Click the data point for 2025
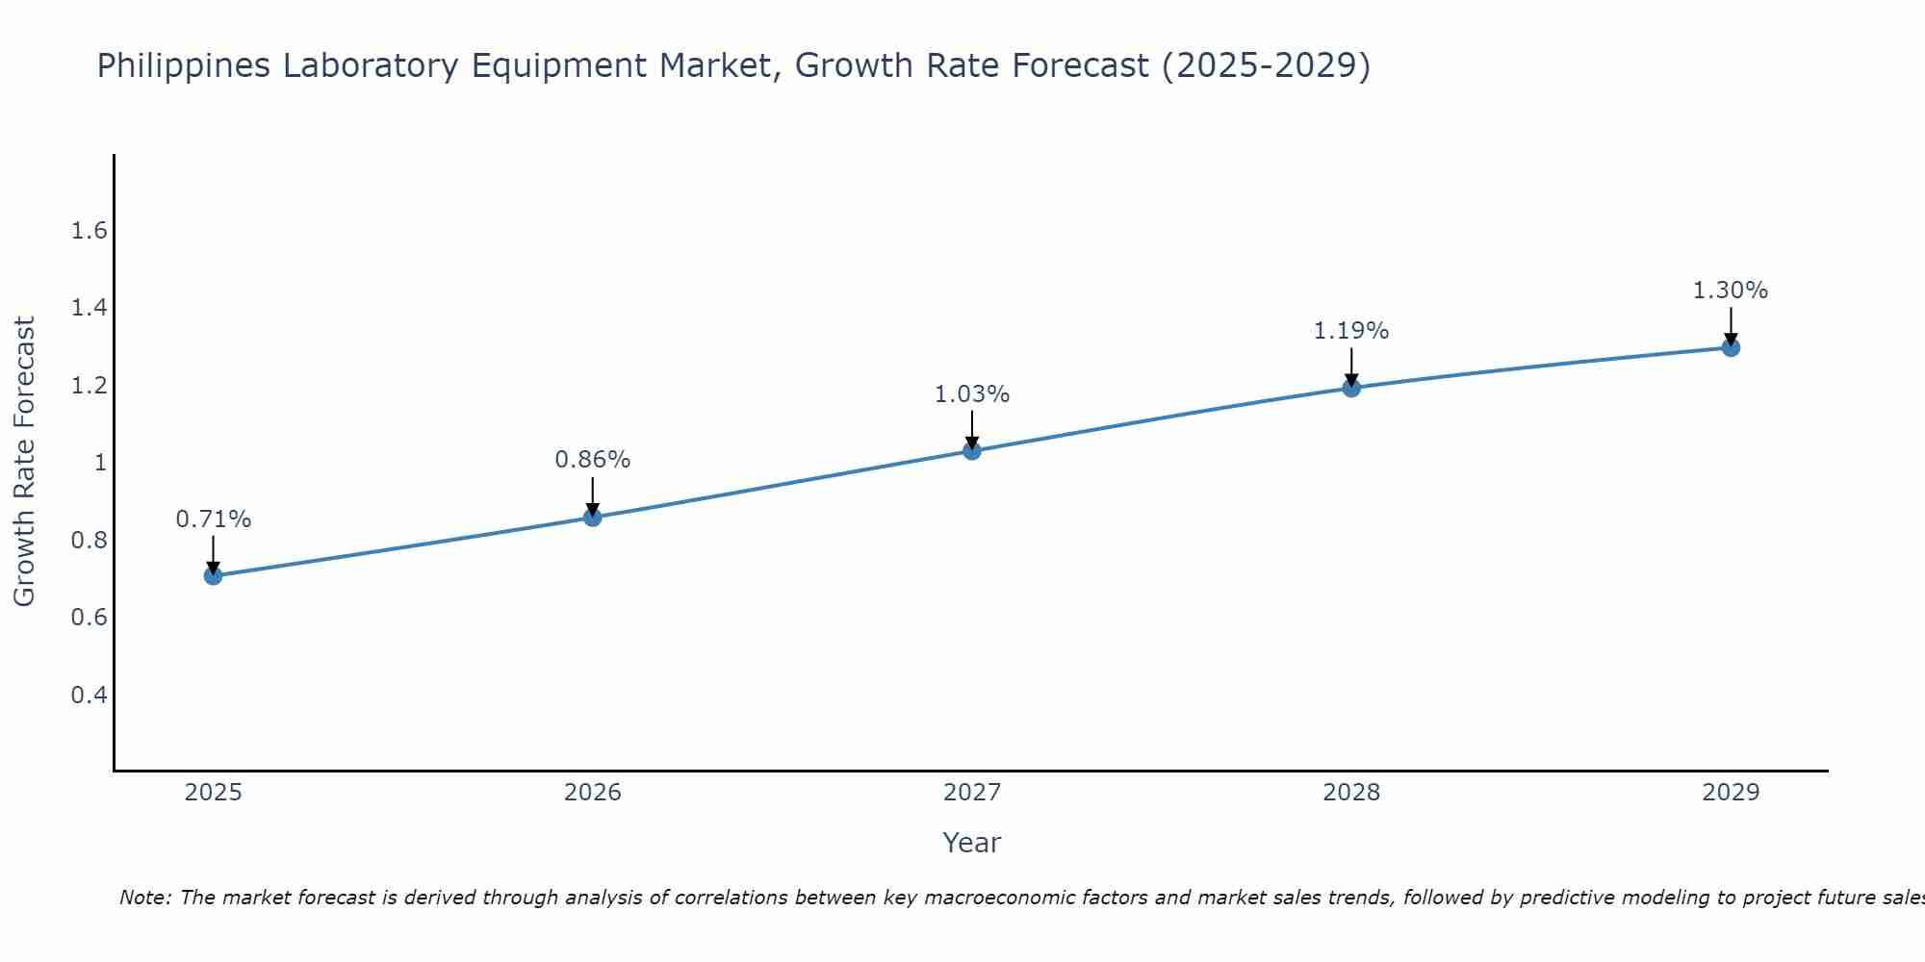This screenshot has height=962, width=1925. coord(213,576)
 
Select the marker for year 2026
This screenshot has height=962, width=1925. coord(593,518)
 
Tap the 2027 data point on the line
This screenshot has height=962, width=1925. coord(972,450)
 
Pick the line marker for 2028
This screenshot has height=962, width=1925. coord(1351,388)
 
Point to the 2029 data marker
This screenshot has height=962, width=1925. coord(1731,347)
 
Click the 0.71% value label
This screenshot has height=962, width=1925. coord(213,519)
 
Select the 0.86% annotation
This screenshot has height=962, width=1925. coord(593,460)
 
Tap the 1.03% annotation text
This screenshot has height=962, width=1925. coord(972,394)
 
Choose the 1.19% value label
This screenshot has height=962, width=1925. coord(1351,331)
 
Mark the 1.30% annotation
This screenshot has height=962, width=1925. coord(1731,291)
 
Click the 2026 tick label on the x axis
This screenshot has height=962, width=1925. coord(593,793)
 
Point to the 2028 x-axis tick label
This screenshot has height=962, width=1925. coord(1351,793)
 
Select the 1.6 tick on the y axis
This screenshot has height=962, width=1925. coord(89,231)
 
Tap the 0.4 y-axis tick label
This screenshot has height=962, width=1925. coord(89,695)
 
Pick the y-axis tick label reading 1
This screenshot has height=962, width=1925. coord(99,463)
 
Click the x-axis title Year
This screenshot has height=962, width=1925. coord(972,843)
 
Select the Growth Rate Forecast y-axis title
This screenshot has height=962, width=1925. coord(24,462)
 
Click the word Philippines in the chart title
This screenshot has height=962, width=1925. coord(183,66)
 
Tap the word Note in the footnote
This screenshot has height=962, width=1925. coord(144,898)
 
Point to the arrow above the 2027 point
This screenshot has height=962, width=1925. coord(972,429)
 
